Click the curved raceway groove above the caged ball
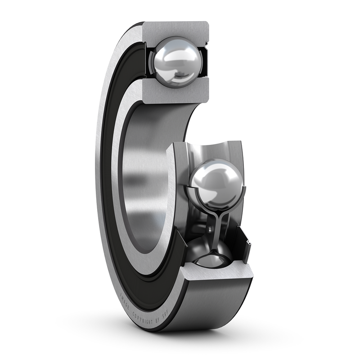coord(216,151)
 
